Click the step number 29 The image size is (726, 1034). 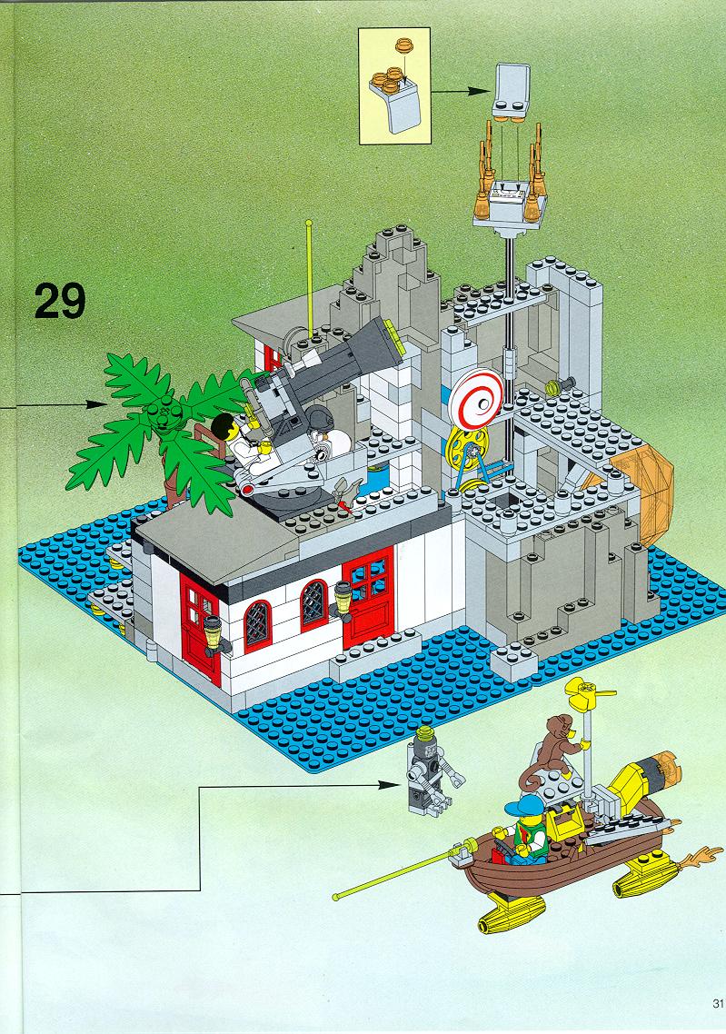(x=60, y=301)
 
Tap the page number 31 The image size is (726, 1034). (x=718, y=1004)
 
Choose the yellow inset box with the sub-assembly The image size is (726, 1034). (x=394, y=86)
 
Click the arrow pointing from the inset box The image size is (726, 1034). (x=462, y=92)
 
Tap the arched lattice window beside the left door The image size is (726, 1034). (x=256, y=626)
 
